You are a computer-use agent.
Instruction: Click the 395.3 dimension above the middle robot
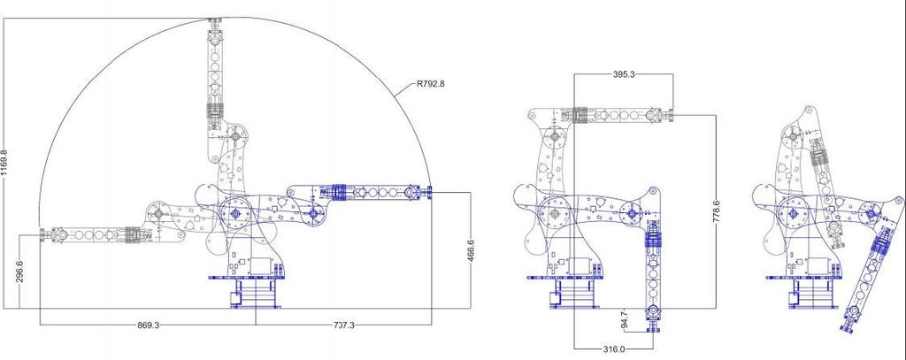[624, 75]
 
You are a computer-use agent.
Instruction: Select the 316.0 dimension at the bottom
[614, 349]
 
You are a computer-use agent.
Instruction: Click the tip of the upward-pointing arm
[215, 21]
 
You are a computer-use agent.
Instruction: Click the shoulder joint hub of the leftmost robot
[236, 213]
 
